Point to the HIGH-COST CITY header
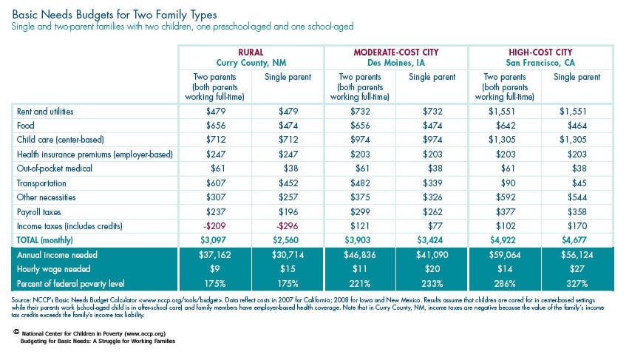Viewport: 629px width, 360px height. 540,52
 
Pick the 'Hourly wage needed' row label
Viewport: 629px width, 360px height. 50,269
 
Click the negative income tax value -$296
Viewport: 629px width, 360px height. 288,226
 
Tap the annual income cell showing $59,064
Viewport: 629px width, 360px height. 504,255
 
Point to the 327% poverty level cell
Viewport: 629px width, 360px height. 577,284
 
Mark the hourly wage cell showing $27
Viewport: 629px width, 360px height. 577,269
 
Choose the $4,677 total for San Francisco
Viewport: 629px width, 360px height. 577,240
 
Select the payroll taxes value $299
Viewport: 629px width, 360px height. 359,211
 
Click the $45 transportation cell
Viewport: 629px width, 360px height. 577,183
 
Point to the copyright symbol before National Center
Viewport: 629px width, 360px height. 16,333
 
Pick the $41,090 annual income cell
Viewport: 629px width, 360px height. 432,255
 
